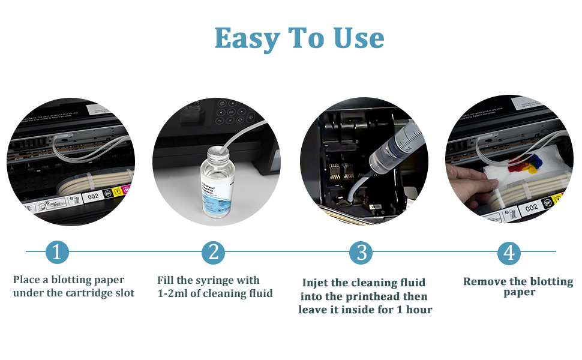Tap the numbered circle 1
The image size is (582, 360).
click(x=57, y=253)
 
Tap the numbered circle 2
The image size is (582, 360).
click(x=213, y=253)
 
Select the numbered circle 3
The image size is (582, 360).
click(x=361, y=253)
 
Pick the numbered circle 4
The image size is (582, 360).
click(x=509, y=253)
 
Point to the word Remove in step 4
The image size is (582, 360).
click(x=485, y=281)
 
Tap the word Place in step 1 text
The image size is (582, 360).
click(x=26, y=280)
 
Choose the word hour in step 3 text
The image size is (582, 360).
click(x=419, y=310)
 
